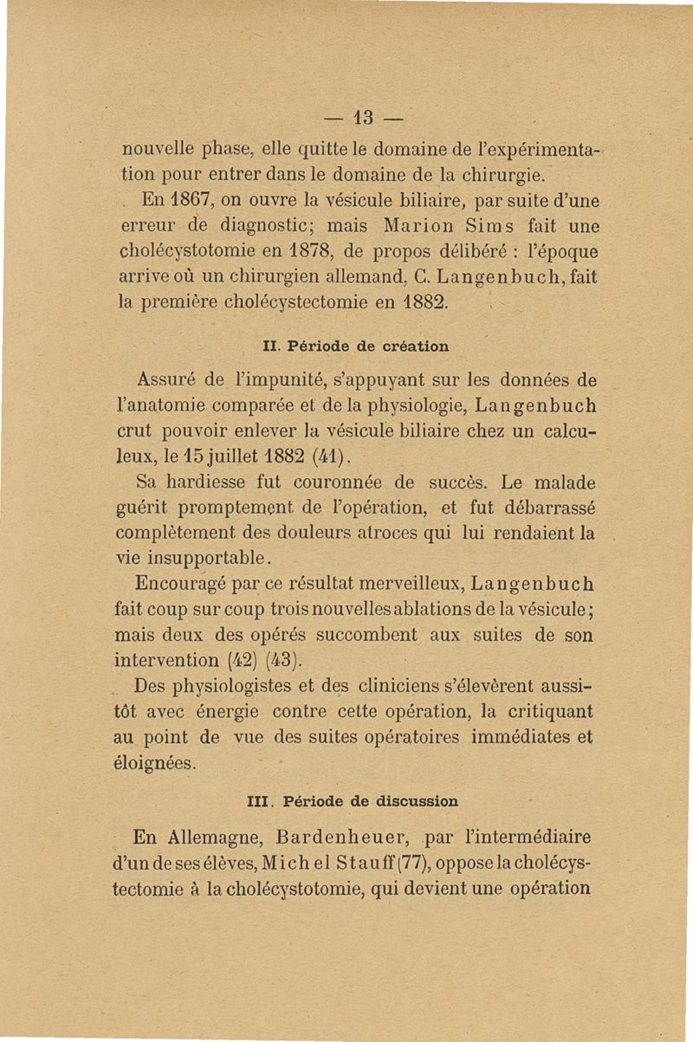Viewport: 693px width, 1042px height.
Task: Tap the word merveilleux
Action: click(397, 579)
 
